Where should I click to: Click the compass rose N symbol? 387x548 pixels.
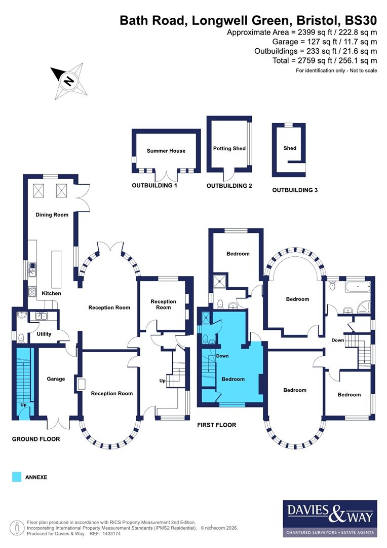[x=68, y=81]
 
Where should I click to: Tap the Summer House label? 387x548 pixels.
[x=166, y=151]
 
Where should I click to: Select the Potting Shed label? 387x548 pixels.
[x=229, y=149]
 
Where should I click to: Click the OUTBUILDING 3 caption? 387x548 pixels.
[x=295, y=190]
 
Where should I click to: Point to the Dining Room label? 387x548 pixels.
[x=52, y=215]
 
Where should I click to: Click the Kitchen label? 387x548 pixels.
[x=51, y=293]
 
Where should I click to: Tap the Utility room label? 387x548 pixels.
[x=44, y=334]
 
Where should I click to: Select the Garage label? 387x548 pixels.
[x=56, y=379]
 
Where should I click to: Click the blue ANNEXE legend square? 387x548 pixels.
[x=17, y=477]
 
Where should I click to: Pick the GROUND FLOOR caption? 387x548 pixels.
[x=36, y=439]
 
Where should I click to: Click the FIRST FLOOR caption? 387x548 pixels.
[x=217, y=425]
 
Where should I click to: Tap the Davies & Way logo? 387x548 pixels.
[x=329, y=518]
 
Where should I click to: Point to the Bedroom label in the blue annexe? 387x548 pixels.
[x=233, y=379]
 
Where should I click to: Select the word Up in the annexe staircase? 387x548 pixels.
[x=23, y=405]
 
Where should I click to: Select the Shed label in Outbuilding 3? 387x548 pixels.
[x=290, y=148]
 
